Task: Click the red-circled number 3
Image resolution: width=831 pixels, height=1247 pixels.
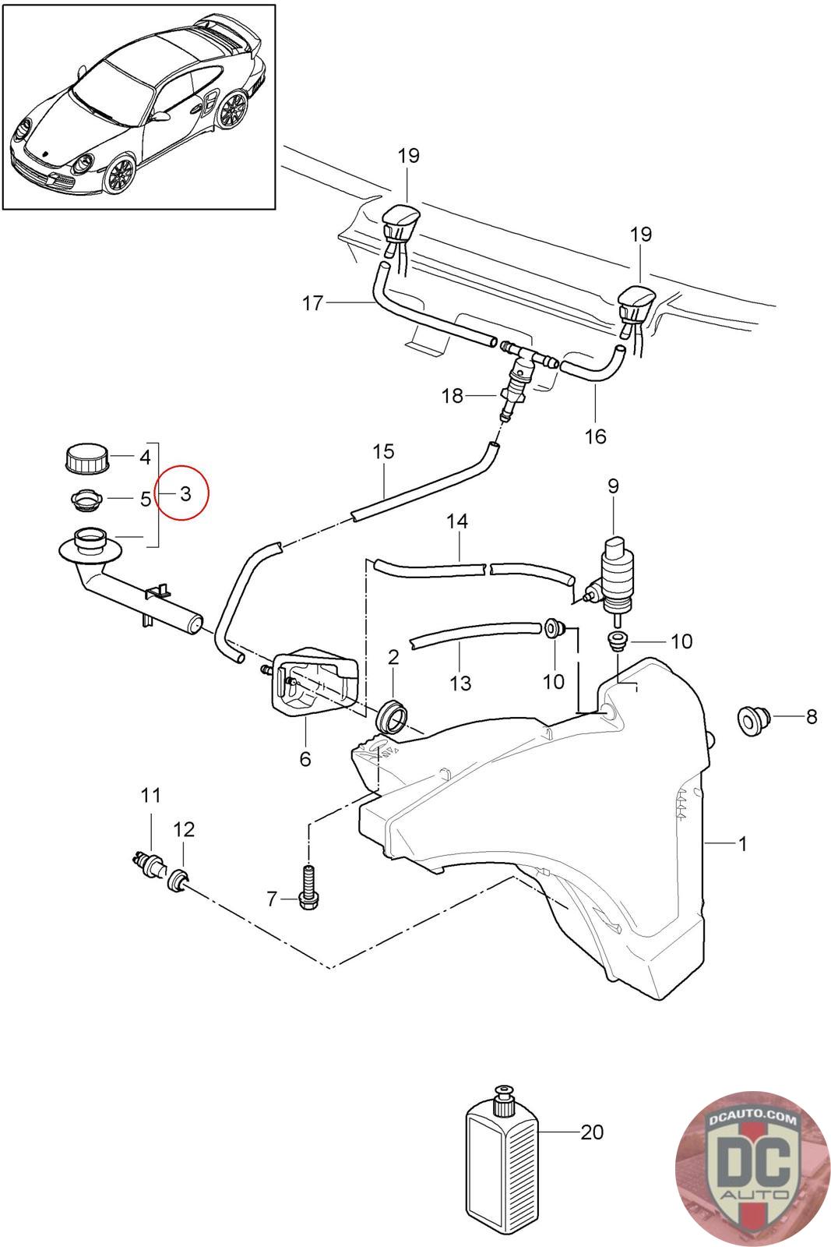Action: (x=184, y=493)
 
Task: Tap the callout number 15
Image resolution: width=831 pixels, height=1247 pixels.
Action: (x=384, y=452)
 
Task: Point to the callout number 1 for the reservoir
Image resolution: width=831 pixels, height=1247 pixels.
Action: (x=742, y=843)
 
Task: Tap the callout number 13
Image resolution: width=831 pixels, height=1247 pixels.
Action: (x=460, y=683)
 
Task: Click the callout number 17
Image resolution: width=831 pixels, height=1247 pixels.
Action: (x=313, y=303)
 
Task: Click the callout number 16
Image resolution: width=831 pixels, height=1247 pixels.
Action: (x=595, y=436)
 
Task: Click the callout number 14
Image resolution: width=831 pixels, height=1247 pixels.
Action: (x=457, y=521)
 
